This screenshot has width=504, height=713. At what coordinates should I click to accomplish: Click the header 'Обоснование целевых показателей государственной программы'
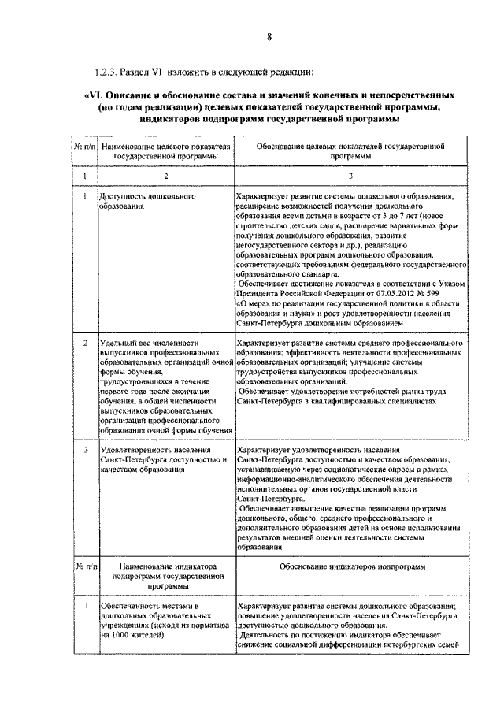(x=351, y=151)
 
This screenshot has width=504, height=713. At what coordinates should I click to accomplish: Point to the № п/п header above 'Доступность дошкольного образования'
(x=84, y=147)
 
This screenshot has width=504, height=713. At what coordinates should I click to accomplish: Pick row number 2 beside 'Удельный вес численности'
(x=84, y=344)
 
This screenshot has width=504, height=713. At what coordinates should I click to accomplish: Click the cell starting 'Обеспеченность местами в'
(x=150, y=605)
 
